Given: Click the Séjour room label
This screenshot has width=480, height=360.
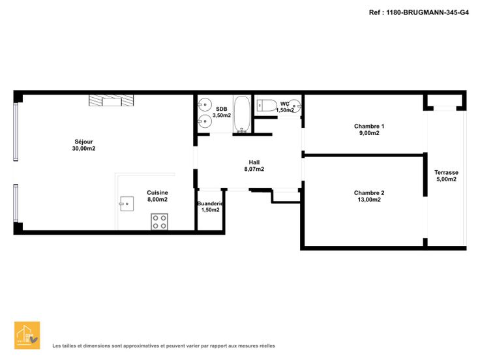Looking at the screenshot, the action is pyautogui.click(x=83, y=142).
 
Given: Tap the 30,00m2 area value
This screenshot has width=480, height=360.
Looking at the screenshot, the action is pyautogui.click(x=83, y=149).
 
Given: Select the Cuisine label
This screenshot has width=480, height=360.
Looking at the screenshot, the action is pyautogui.click(x=157, y=192).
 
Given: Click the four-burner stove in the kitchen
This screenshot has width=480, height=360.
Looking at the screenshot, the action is pyautogui.click(x=160, y=222).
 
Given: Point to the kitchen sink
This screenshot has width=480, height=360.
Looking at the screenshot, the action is pyautogui.click(x=127, y=204).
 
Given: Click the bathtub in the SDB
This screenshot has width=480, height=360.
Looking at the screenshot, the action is pyautogui.click(x=242, y=115).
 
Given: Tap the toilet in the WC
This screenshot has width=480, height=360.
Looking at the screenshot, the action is pyautogui.click(x=267, y=106).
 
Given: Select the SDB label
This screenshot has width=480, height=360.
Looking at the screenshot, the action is pyautogui.click(x=222, y=109).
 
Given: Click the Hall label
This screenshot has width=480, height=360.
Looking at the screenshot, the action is pyautogui.click(x=254, y=162).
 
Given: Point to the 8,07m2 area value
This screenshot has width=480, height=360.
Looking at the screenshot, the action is pyautogui.click(x=254, y=169).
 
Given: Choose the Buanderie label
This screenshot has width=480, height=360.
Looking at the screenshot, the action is pyautogui.click(x=210, y=203).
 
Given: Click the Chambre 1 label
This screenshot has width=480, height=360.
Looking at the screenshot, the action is pyautogui.click(x=369, y=126).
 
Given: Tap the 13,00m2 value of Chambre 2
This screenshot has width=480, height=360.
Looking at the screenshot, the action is pyautogui.click(x=369, y=200).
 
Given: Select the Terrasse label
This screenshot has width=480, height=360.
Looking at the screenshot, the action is pyautogui.click(x=446, y=172).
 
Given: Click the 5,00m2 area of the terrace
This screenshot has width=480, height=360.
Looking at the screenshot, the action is pyautogui.click(x=446, y=179).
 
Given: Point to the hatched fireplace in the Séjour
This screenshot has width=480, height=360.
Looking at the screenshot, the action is pyautogui.click(x=111, y=100).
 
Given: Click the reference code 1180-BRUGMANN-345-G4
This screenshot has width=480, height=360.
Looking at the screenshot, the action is pyautogui.click(x=427, y=12).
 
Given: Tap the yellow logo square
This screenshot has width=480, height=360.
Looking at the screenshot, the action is pyautogui.click(x=27, y=335).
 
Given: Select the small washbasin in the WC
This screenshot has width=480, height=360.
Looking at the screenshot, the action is pyautogui.click(x=295, y=106).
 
